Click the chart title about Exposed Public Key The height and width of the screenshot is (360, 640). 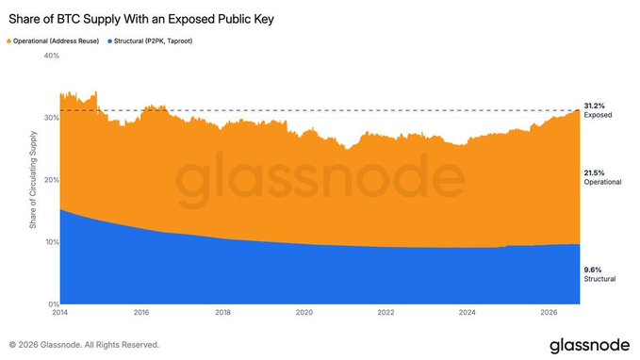click(x=141, y=19)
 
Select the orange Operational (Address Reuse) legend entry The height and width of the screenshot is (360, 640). click(x=53, y=41)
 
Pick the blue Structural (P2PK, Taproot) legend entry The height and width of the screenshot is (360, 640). click(x=150, y=41)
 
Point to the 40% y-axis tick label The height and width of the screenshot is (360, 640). click(x=52, y=56)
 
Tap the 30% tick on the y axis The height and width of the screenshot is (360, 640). click(x=52, y=118)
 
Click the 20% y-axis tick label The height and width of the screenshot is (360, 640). click(x=52, y=180)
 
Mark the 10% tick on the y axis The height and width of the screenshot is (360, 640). click(x=52, y=242)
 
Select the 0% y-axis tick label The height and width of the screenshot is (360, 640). click(x=54, y=304)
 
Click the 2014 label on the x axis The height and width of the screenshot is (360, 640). click(x=60, y=312)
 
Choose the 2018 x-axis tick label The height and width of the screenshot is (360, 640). click(x=222, y=312)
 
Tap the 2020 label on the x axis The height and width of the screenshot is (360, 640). click(x=304, y=312)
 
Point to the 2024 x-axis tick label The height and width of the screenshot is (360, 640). click(x=467, y=312)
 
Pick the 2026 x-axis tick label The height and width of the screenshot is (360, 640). click(x=549, y=312)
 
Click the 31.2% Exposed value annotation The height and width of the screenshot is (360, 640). click(x=598, y=110)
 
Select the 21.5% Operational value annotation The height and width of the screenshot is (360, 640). click(x=602, y=177)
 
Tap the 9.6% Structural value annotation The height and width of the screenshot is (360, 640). click(x=599, y=274)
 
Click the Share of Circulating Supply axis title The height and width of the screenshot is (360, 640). click(x=33, y=180)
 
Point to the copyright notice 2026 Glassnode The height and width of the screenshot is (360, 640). click(x=84, y=345)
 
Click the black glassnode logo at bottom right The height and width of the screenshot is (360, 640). click(x=590, y=345)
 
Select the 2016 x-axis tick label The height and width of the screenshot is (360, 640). click(x=141, y=312)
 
